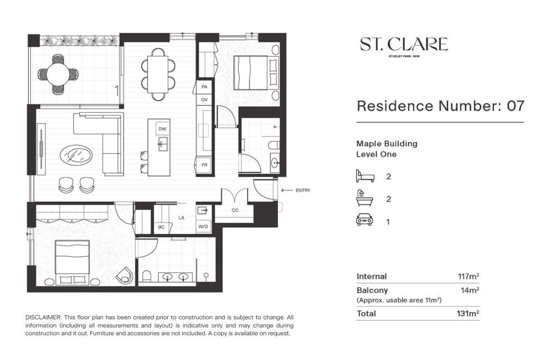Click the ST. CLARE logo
(404, 46)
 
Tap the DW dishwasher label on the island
(162, 129)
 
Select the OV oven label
(204, 100)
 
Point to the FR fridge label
(204, 165)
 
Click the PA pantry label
(204, 87)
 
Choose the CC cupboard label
(235, 210)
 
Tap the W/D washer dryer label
(203, 226)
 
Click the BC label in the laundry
(162, 227)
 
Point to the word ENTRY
(303, 190)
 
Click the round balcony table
(58, 74)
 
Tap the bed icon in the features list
(365, 176)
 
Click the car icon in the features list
(364, 220)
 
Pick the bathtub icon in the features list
(364, 198)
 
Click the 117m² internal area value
(468, 276)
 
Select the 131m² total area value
(468, 314)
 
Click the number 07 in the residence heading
(515, 106)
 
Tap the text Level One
(376, 154)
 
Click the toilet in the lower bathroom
(146, 276)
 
